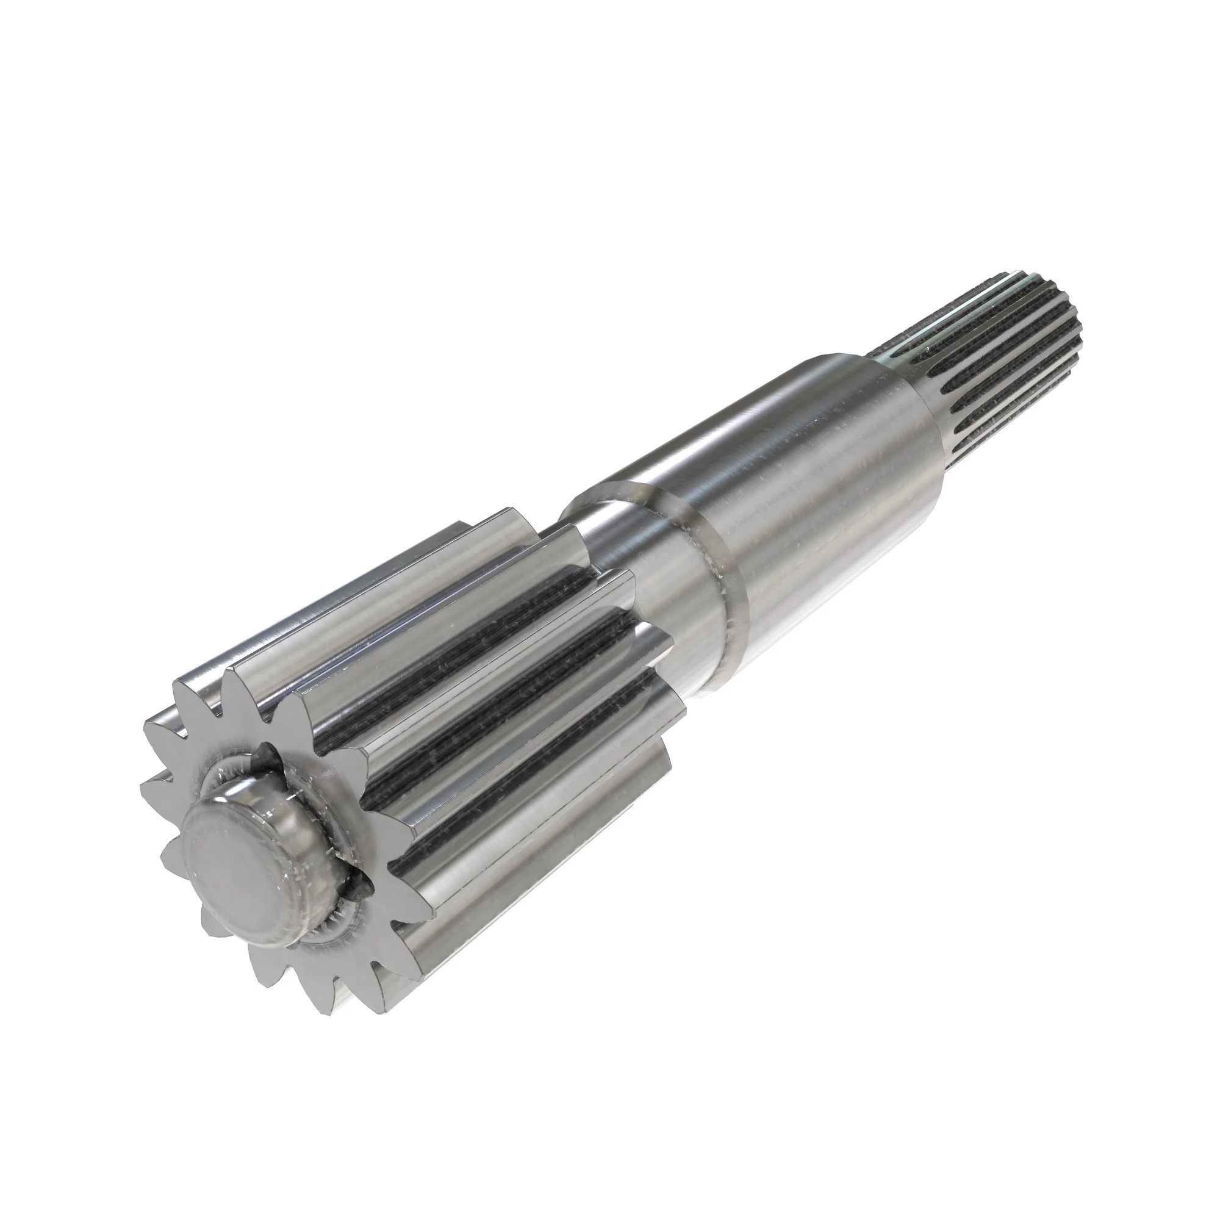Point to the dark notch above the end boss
point(265,755)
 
